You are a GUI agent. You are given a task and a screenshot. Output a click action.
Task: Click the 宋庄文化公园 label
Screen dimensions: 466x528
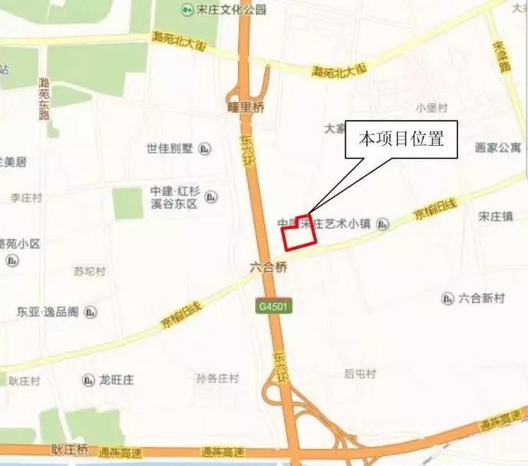point(221,10)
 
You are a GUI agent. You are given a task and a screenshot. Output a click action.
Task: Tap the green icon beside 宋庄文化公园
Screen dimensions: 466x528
point(186,10)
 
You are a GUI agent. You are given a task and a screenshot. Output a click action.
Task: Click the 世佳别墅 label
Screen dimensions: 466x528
point(170,148)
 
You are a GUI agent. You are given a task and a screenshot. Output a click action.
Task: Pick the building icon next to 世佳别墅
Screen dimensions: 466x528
point(205,148)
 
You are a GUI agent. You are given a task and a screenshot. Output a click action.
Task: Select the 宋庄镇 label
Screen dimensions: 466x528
point(495,216)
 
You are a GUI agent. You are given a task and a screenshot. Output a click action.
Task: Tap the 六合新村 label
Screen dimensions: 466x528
point(482,298)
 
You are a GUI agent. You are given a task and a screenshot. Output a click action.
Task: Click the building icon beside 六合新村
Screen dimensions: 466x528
point(447,298)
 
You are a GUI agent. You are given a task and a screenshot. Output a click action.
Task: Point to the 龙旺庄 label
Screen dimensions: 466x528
point(117,380)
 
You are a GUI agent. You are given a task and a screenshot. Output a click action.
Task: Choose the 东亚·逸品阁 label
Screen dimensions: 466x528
point(48,311)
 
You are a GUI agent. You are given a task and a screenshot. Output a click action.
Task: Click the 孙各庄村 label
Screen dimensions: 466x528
point(218,378)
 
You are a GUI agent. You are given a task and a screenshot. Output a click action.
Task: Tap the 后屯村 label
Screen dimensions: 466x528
point(360,373)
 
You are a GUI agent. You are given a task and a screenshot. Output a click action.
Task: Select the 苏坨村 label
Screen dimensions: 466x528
point(90,271)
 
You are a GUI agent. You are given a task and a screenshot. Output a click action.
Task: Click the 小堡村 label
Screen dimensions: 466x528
point(433,108)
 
